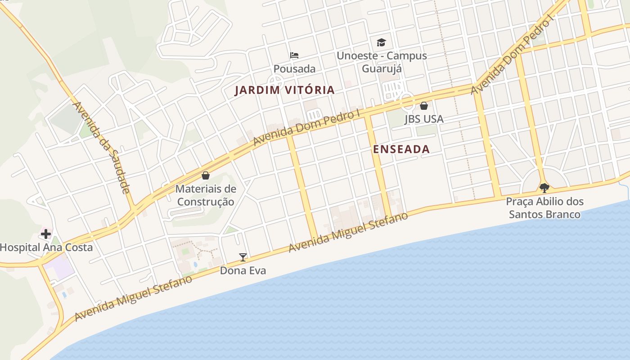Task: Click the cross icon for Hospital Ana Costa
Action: (x=46, y=234)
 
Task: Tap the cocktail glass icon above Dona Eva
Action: (x=243, y=257)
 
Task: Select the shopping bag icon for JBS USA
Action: (x=423, y=106)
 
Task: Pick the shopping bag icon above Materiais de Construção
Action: (x=206, y=175)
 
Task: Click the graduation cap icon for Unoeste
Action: (x=381, y=43)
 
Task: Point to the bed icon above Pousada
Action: (x=294, y=55)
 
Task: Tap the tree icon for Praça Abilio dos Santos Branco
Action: (x=544, y=188)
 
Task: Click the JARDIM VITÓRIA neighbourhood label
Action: (x=285, y=90)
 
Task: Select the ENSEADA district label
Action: (x=401, y=149)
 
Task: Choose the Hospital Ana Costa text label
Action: (x=46, y=247)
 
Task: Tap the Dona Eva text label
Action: (x=243, y=270)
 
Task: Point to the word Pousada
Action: (x=294, y=69)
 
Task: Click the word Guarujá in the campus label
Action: (x=382, y=69)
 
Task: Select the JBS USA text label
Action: (x=423, y=119)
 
